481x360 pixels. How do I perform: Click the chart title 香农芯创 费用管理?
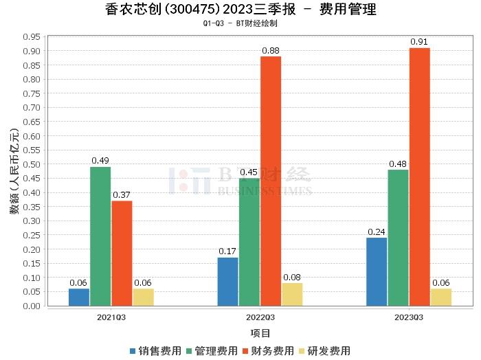pyautogui.click(x=240, y=10)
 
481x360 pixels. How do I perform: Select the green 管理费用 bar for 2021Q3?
pyautogui.click(x=100, y=236)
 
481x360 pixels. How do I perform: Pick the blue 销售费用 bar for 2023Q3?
pyautogui.click(x=377, y=271)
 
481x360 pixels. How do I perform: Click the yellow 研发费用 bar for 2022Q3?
pyautogui.click(x=292, y=294)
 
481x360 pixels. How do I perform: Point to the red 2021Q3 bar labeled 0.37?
pyautogui.click(x=122, y=253)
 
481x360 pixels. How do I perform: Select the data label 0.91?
pyautogui.click(x=419, y=42)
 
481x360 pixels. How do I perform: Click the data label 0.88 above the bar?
pyautogui.click(x=271, y=50)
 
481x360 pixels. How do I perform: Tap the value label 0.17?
pyautogui.click(x=227, y=251)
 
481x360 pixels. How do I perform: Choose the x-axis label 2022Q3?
pyautogui.click(x=260, y=317)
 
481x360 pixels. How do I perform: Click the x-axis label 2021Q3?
pyautogui.click(x=111, y=317)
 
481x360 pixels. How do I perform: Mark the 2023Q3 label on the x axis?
pyautogui.click(x=409, y=317)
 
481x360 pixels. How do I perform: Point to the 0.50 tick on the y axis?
pyautogui.click(x=30, y=164)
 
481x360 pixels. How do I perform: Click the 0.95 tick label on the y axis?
pyautogui.click(x=30, y=36)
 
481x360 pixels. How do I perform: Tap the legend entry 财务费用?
pyautogui.click(x=268, y=350)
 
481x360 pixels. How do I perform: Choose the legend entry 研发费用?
pyautogui.click(x=324, y=350)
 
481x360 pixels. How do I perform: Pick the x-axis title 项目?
pyautogui.click(x=260, y=333)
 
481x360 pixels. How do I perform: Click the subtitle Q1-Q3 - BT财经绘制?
pyautogui.click(x=240, y=23)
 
